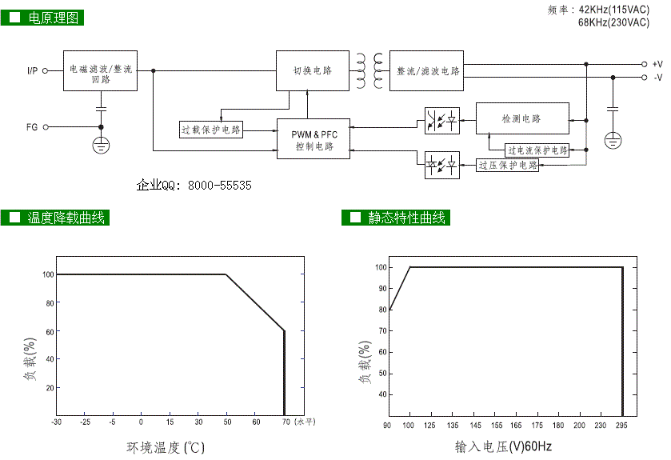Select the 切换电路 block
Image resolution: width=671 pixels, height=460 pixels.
(x=306, y=71)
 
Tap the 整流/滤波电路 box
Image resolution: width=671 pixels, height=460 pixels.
(x=427, y=71)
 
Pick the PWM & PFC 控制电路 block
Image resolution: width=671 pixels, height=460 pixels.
(x=314, y=139)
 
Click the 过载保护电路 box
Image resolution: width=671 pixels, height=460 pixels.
(x=211, y=130)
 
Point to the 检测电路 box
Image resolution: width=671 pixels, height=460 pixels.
(x=522, y=118)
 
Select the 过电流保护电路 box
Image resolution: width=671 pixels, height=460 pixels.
(x=537, y=150)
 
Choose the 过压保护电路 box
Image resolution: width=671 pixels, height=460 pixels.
(x=507, y=165)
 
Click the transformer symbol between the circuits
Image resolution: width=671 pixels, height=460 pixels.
(x=369, y=70)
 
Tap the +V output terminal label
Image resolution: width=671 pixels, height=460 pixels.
(x=657, y=64)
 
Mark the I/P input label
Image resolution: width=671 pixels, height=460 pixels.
(x=32, y=71)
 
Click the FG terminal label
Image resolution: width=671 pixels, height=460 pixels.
(x=32, y=126)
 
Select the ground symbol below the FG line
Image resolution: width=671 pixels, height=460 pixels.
(x=101, y=145)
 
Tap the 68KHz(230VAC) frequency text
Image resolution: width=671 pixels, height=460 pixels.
(x=613, y=22)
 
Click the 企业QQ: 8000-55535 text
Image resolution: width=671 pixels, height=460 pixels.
(x=194, y=185)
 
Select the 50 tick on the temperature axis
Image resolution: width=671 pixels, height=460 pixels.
(x=227, y=422)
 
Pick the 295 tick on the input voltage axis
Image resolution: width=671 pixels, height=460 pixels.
(x=621, y=426)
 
